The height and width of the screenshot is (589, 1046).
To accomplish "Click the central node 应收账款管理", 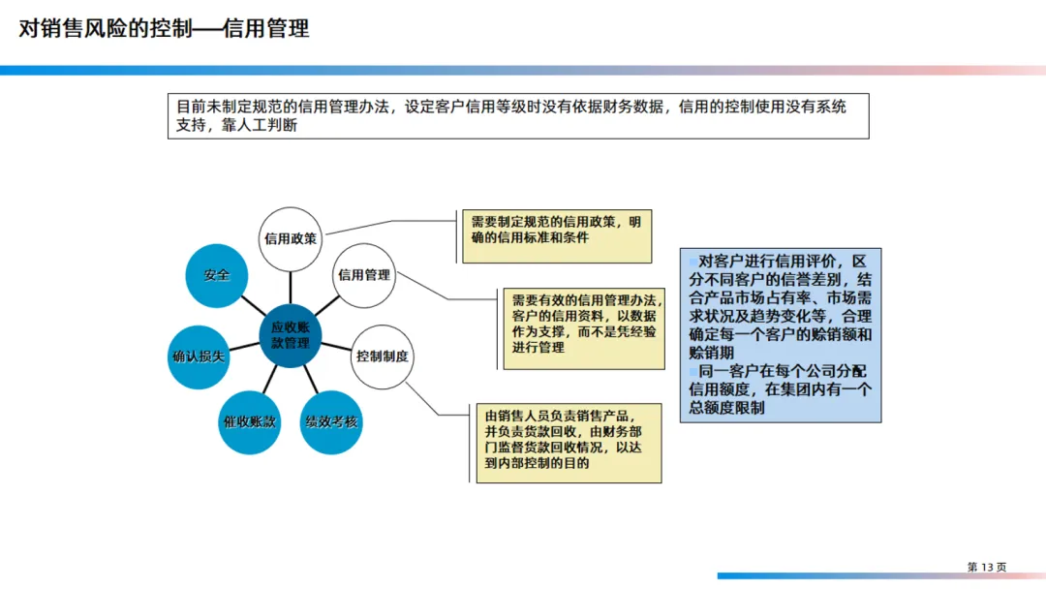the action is point(291,335).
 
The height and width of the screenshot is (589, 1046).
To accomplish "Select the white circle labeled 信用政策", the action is point(291,239).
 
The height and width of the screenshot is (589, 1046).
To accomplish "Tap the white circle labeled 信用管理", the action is point(364,275).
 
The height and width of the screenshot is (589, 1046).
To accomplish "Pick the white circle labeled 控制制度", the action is point(382,356).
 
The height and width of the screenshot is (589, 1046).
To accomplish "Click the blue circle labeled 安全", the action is point(217,275).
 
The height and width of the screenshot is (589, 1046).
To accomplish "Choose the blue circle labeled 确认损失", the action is point(199,356).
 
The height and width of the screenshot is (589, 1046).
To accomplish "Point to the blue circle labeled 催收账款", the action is point(250,422).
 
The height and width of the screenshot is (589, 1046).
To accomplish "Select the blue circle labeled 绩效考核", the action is point(331,422).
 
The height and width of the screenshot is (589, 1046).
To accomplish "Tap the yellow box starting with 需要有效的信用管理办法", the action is point(584,327).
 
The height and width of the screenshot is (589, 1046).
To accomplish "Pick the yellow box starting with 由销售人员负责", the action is point(567,443).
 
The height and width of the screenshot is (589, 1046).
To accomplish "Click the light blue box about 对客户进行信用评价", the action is point(781,334).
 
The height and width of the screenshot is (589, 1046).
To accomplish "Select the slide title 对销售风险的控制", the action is point(165,29).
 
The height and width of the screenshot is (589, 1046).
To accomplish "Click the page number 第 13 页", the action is point(987,566).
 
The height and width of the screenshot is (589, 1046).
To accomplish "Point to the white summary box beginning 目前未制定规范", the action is point(518,116).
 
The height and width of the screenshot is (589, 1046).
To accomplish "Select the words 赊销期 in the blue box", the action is point(711,353).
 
